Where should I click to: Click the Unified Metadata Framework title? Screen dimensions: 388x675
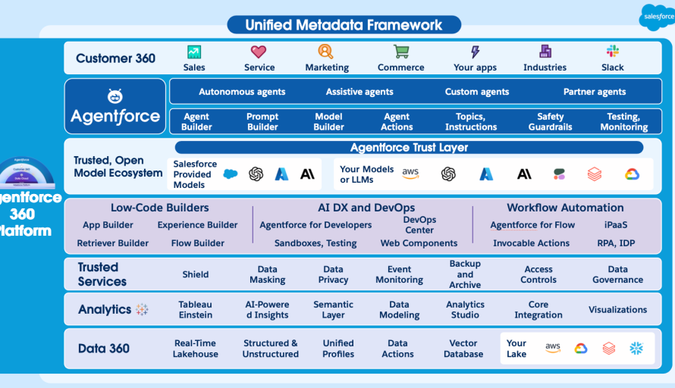(344, 25)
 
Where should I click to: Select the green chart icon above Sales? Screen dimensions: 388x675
(194, 52)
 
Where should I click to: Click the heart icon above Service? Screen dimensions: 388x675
(259, 52)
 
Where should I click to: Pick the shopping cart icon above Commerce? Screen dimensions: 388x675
(401, 52)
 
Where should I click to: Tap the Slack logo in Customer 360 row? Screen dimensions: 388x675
(612, 52)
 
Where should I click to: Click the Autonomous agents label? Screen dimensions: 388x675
(242, 92)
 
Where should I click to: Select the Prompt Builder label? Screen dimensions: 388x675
(262, 122)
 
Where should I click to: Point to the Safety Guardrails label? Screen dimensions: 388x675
(550, 122)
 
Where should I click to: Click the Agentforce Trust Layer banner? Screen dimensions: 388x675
(409, 148)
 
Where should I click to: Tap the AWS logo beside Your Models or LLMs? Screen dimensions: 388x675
(410, 174)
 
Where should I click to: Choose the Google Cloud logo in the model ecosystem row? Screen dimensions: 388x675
(633, 174)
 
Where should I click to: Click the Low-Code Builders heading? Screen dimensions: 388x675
(159, 208)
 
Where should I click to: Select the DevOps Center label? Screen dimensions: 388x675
(419, 225)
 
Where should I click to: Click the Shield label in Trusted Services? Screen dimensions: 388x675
(195, 274)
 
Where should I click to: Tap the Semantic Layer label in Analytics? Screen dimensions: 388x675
(333, 310)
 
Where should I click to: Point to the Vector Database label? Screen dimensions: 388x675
(463, 349)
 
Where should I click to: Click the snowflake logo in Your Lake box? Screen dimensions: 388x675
(636, 349)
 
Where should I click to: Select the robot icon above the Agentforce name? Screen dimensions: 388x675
(115, 96)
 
